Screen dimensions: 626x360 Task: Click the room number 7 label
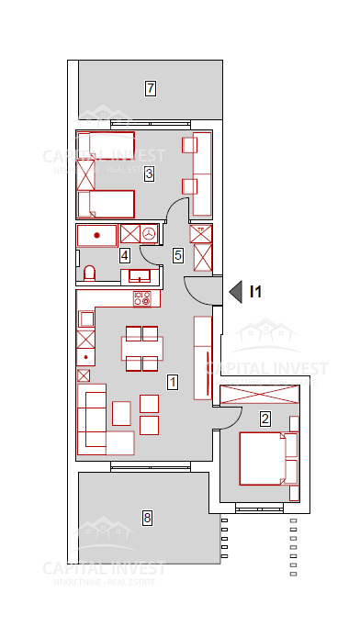click(152, 89)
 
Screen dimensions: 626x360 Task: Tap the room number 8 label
click(148, 518)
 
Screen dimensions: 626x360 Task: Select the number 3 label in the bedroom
click(148, 172)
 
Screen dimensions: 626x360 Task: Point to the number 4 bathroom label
click(125, 255)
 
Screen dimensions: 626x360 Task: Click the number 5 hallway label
click(178, 255)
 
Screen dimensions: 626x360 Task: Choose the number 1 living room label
click(171, 380)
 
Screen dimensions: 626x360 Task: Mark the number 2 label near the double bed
click(265, 419)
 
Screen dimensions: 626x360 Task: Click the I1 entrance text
click(256, 292)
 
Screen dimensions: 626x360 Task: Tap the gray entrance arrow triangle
click(236, 292)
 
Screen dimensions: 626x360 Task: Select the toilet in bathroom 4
click(89, 274)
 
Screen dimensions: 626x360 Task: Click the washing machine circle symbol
click(149, 234)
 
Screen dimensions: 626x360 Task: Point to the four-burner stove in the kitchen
click(142, 298)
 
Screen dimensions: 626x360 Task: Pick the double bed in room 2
click(268, 458)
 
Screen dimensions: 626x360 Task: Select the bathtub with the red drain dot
click(96, 234)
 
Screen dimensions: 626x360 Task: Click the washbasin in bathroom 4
click(140, 274)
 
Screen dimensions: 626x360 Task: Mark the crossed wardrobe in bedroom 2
click(260, 395)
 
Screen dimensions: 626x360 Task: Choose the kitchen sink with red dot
click(85, 352)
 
